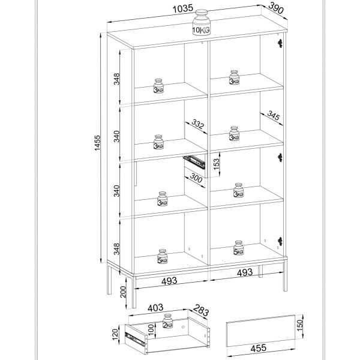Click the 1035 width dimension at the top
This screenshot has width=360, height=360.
point(183,9)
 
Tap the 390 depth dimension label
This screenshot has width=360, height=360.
point(276,8)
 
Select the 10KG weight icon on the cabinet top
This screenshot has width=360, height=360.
point(201,22)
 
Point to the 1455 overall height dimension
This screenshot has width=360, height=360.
point(97,143)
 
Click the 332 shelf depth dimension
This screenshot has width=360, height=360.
point(197,124)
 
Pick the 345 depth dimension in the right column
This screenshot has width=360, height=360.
point(273,115)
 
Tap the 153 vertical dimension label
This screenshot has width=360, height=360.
point(216,164)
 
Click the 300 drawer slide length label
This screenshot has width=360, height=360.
point(196,178)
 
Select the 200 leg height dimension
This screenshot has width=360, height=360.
point(123,292)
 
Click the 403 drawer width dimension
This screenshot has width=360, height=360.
point(155,308)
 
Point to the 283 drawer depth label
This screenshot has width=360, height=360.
point(200,310)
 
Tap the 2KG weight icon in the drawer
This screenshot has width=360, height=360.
point(167,321)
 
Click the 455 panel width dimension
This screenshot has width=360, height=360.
point(258,348)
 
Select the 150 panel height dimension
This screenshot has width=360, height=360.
point(300,325)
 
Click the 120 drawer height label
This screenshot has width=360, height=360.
point(115,334)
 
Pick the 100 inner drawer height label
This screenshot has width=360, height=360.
point(151,329)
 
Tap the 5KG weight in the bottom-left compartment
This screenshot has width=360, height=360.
point(163,256)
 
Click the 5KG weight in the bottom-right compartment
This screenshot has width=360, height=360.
point(239,248)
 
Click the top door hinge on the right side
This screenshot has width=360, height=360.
point(280,43)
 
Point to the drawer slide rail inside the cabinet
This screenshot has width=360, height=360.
point(194,161)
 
